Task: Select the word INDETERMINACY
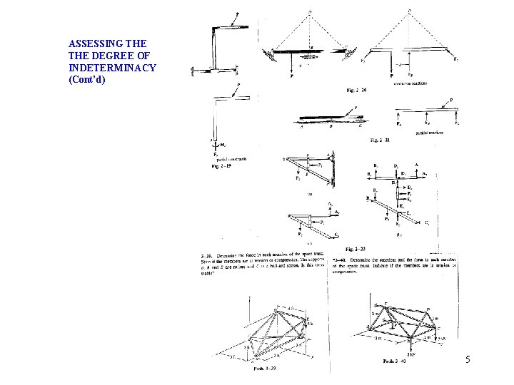112,67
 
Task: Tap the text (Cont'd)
87,78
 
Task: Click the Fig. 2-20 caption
357,90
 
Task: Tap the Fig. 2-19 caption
223,166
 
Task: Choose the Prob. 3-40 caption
396,361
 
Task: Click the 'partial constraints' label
230,159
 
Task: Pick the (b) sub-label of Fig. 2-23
399,234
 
